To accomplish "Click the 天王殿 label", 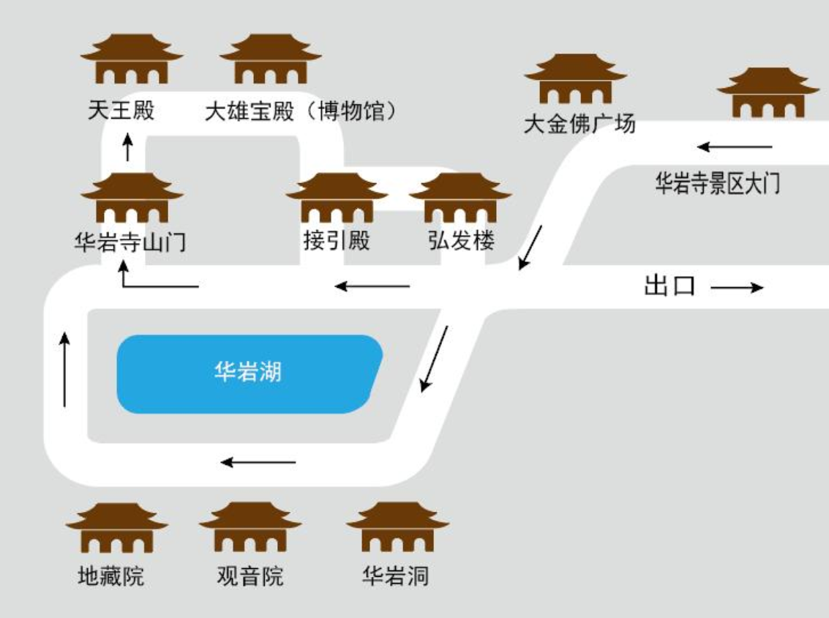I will pos(121,111).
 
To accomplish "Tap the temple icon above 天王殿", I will pos(132,59).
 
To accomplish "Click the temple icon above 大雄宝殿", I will pos(270,59).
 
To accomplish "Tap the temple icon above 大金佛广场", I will pos(575,79).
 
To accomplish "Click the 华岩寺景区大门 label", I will pos(717,183).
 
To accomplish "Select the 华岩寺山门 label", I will pos(130,242).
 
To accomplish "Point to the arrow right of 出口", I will pos(737,288).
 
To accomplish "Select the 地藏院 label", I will pos(111,576).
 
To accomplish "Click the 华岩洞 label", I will pos(395,576).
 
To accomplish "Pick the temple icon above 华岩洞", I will pos(397,528).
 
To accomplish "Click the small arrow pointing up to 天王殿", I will pos(129,146).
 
